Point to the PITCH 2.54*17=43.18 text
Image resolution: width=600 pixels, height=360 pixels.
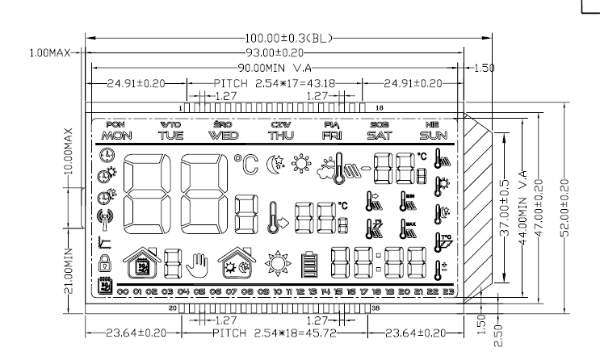pyautogui.click(x=275, y=83)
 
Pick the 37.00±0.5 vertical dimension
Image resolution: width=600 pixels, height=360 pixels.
pyautogui.click(x=503, y=211)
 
